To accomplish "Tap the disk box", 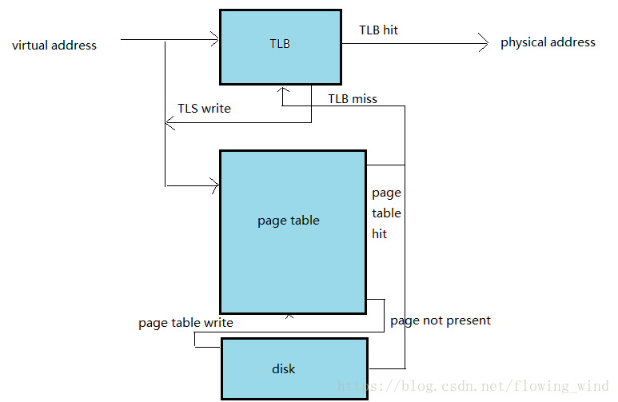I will tap(294, 368).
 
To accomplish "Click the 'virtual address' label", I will tap(54, 46).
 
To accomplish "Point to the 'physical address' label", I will tap(548, 42).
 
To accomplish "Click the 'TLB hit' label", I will tap(379, 30).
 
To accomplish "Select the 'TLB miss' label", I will tap(353, 99).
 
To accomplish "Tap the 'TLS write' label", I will tap(204, 109).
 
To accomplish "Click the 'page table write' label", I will tap(185, 323).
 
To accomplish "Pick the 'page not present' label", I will tap(441, 320).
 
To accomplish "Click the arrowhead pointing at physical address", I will tap(483, 42).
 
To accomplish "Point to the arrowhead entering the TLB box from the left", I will tap(214, 38).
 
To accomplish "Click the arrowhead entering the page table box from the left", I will tap(214, 185).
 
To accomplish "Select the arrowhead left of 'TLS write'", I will tap(169, 122).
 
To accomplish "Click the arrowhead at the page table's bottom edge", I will tap(289, 316).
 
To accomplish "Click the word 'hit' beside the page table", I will tap(380, 234).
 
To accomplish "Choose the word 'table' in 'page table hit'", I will tap(386, 213).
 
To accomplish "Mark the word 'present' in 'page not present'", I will tap(466, 320).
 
